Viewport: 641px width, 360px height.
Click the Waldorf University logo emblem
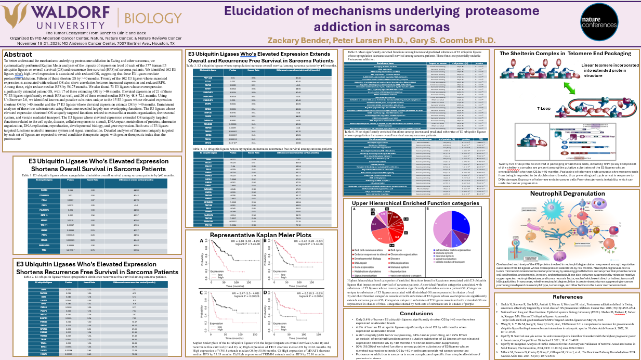coord(16,16)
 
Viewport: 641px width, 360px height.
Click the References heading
coord(567,297)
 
